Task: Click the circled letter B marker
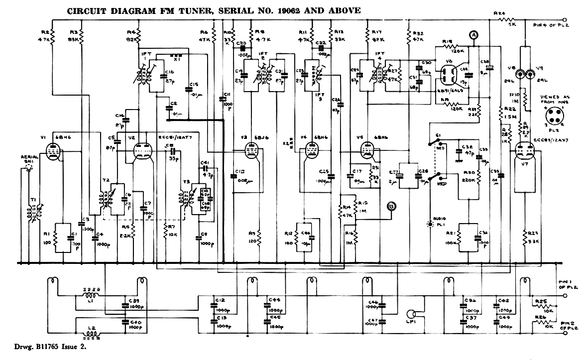[x=392, y=206]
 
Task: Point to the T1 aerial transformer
[x=33, y=209]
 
